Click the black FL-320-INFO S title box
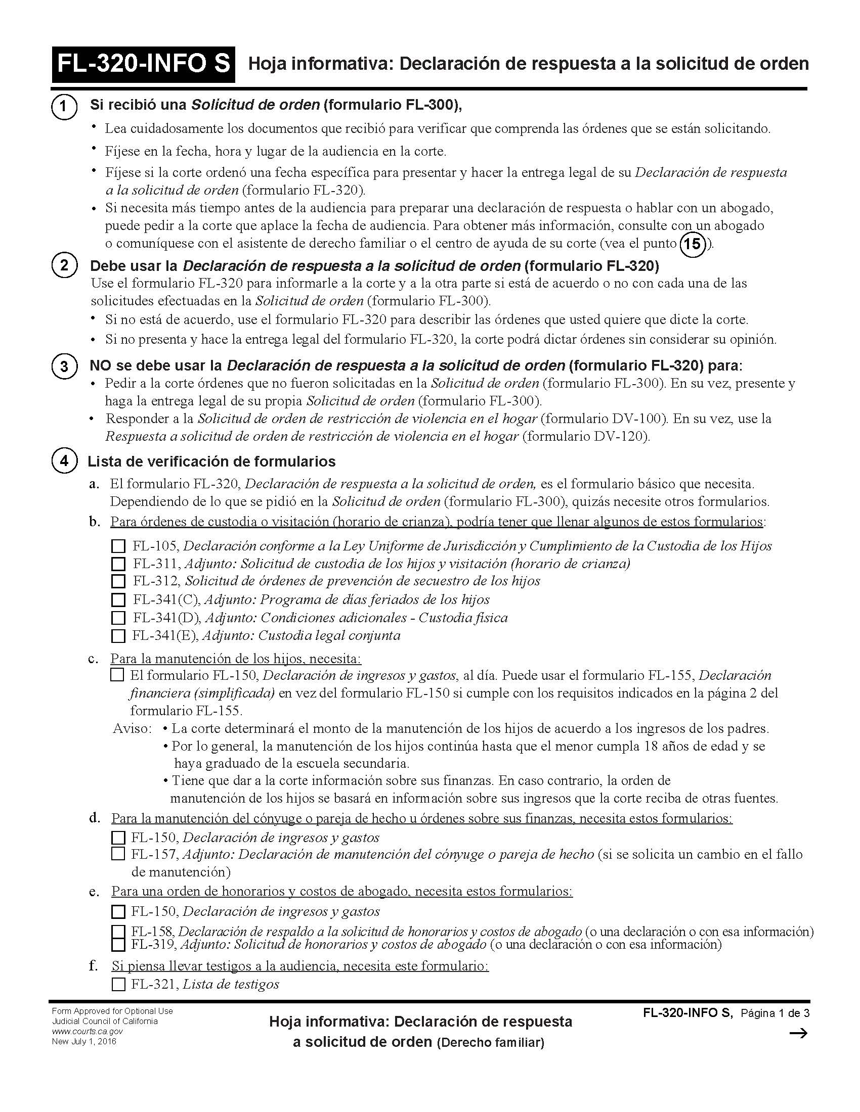[x=143, y=64]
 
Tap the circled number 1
[x=64, y=107]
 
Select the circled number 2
[x=64, y=265]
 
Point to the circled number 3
[x=64, y=366]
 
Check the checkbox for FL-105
[x=118, y=546]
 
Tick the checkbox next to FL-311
[x=118, y=564]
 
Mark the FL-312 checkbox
[x=118, y=581]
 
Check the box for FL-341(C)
[x=118, y=599]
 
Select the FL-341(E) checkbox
[x=118, y=635]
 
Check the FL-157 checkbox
[x=118, y=854]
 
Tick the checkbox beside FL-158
[x=118, y=932]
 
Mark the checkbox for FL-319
[x=118, y=945]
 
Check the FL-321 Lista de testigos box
[x=118, y=984]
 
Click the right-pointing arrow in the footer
[x=798, y=1033]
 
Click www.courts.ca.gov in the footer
[x=87, y=1031]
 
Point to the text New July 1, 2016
[x=84, y=1041]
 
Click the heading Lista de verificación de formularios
[x=211, y=461]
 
